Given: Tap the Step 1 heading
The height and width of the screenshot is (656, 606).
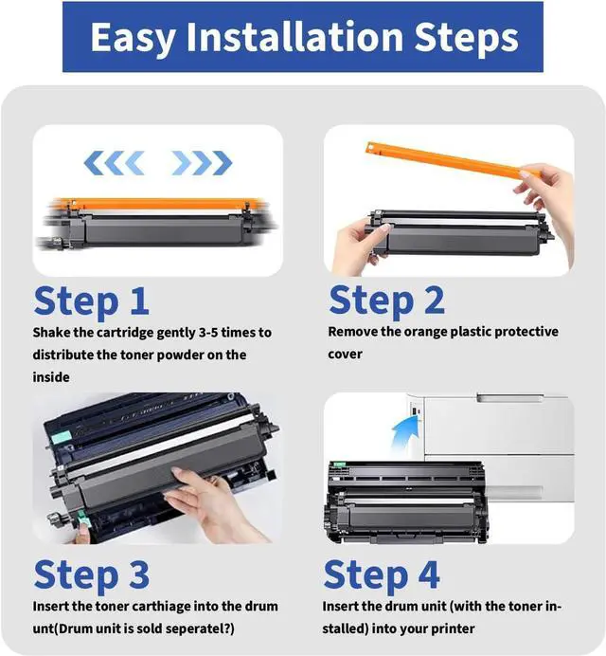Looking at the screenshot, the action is (91, 302).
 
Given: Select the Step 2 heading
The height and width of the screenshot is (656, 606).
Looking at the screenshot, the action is (386, 301).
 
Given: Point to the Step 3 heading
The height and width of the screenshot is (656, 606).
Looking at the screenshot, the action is (91, 575).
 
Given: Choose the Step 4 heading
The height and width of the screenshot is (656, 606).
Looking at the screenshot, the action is (382, 575).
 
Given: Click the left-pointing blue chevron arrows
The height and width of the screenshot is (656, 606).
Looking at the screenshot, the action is (114, 163).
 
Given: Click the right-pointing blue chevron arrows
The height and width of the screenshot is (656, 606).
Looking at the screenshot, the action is (202, 163).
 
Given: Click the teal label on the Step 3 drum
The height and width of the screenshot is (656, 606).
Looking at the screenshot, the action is (60, 439).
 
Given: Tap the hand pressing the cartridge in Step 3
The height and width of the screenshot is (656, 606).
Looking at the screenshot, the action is (210, 504).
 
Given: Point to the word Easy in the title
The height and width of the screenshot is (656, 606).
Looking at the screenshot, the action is (133, 38).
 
